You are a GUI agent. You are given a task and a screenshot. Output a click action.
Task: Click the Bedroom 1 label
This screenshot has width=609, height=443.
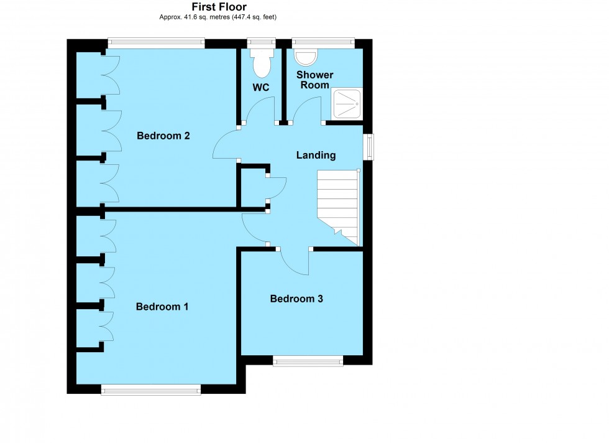click(x=162, y=307)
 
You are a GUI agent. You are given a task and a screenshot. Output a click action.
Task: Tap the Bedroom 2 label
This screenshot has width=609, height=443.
click(x=163, y=136)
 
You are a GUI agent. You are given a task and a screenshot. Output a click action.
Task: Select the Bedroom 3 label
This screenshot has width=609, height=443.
click(x=296, y=299)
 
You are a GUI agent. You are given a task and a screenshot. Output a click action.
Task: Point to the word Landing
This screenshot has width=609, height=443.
click(x=316, y=156)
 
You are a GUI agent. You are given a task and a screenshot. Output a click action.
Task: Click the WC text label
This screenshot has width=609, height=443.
click(x=261, y=88)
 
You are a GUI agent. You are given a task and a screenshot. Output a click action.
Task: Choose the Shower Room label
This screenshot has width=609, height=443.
click(x=316, y=80)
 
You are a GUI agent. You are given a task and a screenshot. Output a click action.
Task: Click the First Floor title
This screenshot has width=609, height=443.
click(x=218, y=7)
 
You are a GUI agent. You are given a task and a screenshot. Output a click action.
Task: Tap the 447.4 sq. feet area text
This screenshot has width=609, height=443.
click(x=252, y=17)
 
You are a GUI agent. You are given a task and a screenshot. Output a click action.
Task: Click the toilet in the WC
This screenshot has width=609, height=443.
click(x=262, y=62)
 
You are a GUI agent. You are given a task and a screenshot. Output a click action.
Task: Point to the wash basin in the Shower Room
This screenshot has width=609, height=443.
click(x=305, y=57)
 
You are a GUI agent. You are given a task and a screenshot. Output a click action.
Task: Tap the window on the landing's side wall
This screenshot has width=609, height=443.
click(x=369, y=147)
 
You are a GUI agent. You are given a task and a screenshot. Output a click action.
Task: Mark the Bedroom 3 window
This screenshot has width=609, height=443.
click(x=308, y=360)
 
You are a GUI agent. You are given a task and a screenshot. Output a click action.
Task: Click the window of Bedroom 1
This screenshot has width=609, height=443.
click(x=151, y=389)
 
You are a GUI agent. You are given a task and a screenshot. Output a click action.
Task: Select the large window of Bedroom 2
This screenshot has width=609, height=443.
click(x=156, y=44)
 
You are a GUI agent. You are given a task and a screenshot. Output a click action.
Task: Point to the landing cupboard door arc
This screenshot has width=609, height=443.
click(x=277, y=188)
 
